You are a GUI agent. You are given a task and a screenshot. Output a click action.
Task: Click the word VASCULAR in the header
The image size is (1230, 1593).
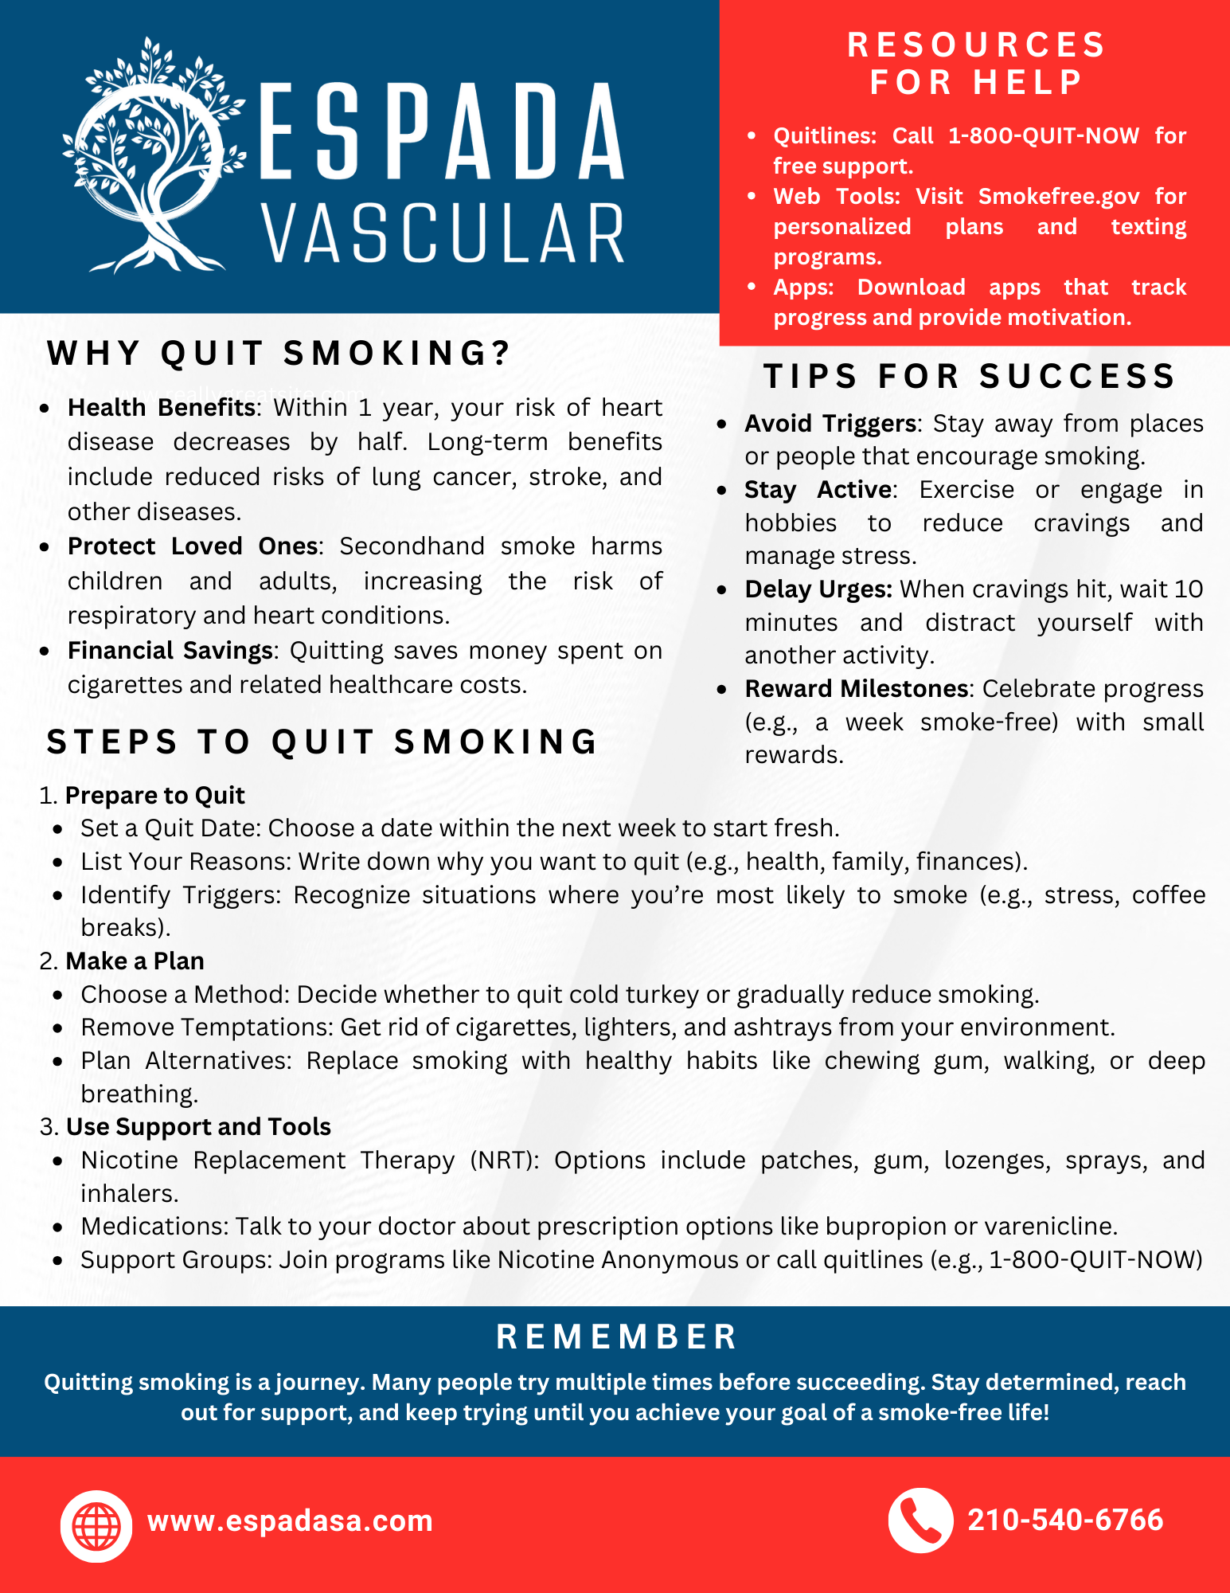pyautogui.click(x=443, y=233)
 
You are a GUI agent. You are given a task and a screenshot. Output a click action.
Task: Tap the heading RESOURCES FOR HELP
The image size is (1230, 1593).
pyautogui.click(x=976, y=63)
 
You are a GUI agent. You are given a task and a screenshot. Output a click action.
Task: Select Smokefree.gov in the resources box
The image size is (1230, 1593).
pyautogui.click(x=1059, y=197)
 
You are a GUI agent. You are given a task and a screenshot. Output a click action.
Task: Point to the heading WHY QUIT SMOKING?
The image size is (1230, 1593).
pyautogui.click(x=279, y=353)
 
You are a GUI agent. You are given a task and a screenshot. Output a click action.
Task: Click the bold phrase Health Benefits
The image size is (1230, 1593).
pyautogui.click(x=161, y=408)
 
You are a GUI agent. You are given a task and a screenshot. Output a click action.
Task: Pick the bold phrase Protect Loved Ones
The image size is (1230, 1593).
pyautogui.click(x=193, y=546)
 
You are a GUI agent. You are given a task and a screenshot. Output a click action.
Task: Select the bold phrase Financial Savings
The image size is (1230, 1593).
pyautogui.click(x=170, y=651)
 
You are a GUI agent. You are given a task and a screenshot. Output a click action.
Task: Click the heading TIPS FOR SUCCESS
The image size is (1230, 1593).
pyautogui.click(x=970, y=376)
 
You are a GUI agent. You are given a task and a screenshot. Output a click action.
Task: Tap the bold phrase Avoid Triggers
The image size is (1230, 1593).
pyautogui.click(x=830, y=424)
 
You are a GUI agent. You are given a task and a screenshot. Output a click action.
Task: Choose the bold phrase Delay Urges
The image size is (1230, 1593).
pyautogui.click(x=818, y=589)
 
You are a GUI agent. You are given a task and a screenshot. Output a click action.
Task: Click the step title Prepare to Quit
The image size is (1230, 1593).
pyautogui.click(x=154, y=796)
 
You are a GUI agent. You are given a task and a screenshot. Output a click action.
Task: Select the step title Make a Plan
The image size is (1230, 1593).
pyautogui.click(x=135, y=961)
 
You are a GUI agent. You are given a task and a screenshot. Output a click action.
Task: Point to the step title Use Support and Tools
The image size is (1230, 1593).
pyautogui.click(x=198, y=1127)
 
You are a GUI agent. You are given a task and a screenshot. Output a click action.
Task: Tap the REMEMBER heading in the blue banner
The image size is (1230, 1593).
pyautogui.click(x=617, y=1337)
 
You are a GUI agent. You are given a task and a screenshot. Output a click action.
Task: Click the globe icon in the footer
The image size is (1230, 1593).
pyautogui.click(x=96, y=1526)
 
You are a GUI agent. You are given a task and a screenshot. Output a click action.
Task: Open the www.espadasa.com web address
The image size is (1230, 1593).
pyautogui.click(x=290, y=1521)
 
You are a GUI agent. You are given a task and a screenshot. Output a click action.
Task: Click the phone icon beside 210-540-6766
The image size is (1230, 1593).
pyautogui.click(x=920, y=1521)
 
